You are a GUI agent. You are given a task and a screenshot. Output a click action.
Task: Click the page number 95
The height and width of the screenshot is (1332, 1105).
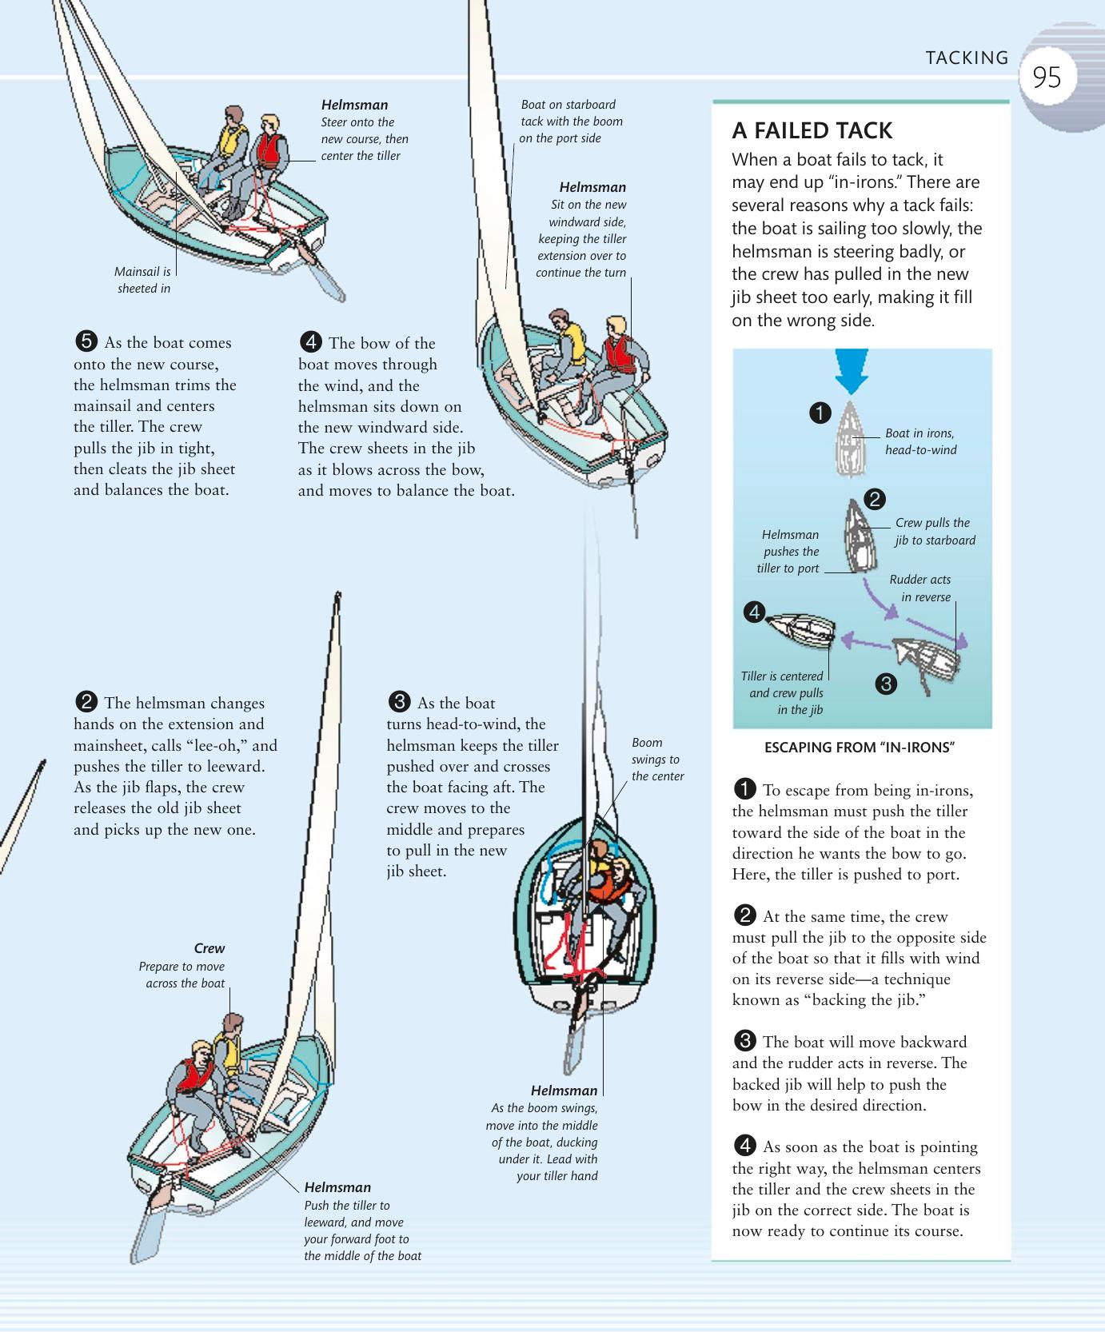1047,78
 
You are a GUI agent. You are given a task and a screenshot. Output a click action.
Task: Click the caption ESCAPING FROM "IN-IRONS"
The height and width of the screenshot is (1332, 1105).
860,748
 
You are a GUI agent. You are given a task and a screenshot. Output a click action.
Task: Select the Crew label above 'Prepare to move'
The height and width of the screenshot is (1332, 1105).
209,948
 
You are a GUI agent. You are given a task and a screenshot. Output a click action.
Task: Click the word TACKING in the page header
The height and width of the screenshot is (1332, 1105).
967,58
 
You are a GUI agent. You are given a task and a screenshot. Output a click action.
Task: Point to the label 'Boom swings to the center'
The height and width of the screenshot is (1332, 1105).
657,760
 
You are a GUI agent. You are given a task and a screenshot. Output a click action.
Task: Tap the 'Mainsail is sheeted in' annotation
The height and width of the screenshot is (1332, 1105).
144,280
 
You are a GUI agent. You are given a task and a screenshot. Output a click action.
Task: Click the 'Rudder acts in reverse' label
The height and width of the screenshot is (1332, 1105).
923,588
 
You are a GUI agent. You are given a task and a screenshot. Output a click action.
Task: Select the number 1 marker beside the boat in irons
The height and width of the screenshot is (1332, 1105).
820,413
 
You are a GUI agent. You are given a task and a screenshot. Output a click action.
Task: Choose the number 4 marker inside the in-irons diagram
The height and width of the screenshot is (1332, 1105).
754,612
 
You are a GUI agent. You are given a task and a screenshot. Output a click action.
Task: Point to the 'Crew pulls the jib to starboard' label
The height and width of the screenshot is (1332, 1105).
933,532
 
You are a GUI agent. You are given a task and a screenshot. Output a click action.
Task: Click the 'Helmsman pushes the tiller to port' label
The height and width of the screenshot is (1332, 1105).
790,552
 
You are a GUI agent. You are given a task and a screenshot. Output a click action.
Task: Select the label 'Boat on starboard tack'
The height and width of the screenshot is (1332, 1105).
570,121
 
